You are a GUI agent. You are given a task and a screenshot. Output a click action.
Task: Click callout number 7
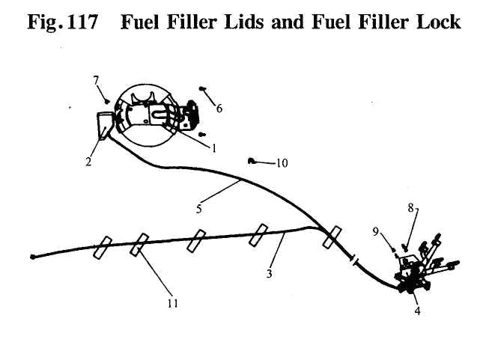(x=96, y=81)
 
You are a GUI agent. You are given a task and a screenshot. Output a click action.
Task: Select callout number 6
(x=219, y=109)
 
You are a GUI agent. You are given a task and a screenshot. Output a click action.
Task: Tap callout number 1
(x=213, y=148)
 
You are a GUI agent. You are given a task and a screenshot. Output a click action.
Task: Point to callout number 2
(x=88, y=162)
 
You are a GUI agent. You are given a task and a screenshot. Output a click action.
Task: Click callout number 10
(x=282, y=163)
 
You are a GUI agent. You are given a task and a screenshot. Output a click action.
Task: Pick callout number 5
(x=199, y=209)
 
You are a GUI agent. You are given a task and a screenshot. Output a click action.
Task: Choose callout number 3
(x=269, y=274)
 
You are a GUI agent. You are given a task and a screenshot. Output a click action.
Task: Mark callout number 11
(x=173, y=303)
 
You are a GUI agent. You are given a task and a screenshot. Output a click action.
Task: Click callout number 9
(x=376, y=231)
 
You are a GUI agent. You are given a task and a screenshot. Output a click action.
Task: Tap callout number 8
(x=410, y=208)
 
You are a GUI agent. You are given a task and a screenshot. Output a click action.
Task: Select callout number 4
(x=418, y=311)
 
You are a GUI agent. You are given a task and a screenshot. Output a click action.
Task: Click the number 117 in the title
(x=82, y=22)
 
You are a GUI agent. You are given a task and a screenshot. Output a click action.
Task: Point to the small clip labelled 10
(x=251, y=161)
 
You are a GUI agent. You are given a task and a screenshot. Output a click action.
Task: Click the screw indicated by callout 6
(x=202, y=89)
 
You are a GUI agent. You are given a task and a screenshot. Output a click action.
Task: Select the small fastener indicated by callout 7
(x=107, y=101)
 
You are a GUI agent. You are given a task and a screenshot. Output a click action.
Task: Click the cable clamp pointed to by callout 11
(x=139, y=245)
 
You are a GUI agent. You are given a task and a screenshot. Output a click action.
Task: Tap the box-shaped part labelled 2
(x=103, y=126)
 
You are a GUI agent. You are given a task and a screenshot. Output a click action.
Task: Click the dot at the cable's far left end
(x=32, y=257)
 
